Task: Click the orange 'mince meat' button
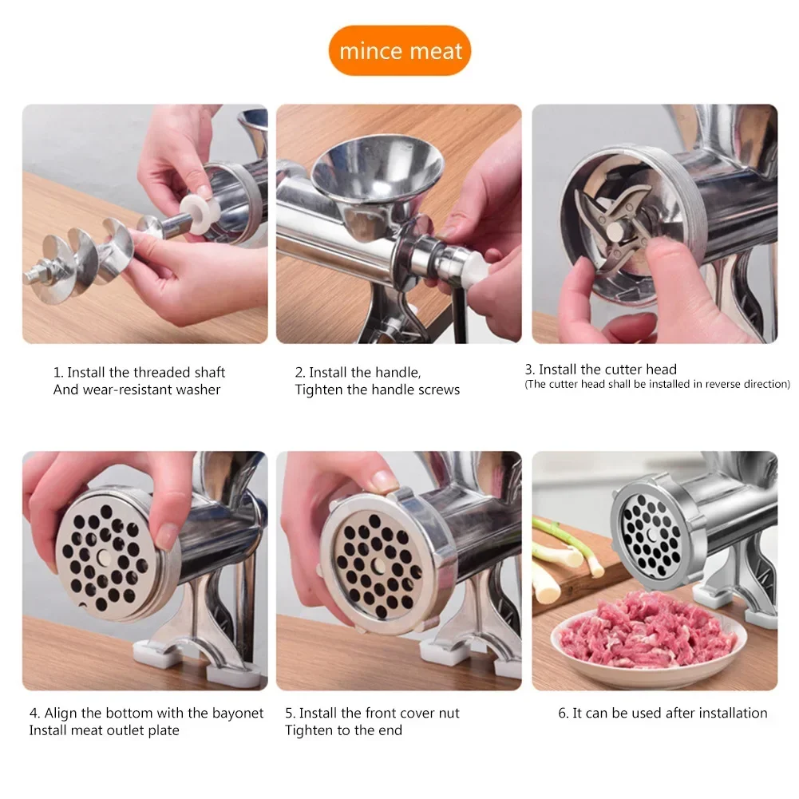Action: pyautogui.click(x=399, y=50)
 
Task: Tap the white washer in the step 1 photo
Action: pyautogui.click(x=200, y=213)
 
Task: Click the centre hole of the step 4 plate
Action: pyautogui.click(x=104, y=557)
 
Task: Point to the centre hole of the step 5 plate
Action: pyautogui.click(x=378, y=564)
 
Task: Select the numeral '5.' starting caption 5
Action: pyautogui.click(x=290, y=714)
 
